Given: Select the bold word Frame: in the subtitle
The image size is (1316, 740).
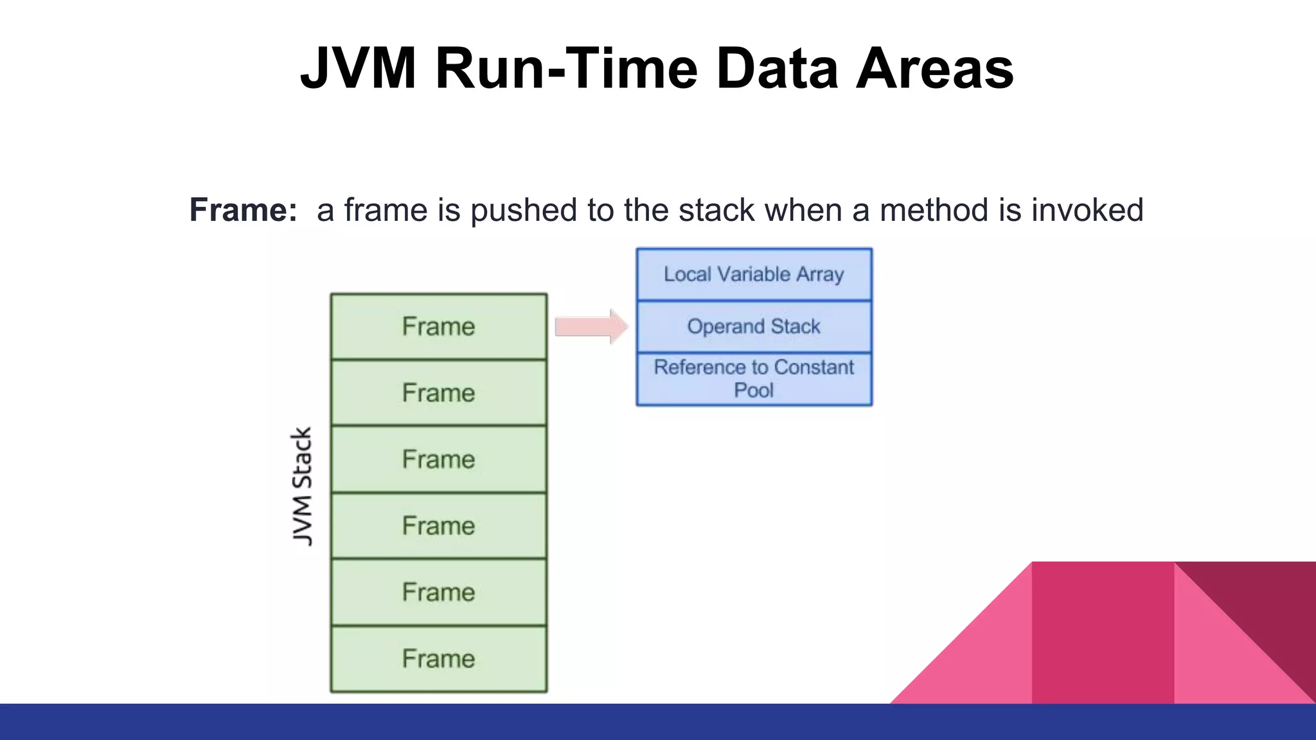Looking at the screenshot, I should (243, 210).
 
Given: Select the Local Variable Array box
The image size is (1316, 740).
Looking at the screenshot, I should (754, 274).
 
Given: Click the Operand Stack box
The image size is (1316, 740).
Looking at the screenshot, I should (754, 326).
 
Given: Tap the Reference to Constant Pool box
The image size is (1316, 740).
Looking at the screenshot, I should (754, 379).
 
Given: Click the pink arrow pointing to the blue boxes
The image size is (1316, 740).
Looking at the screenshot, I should (591, 326).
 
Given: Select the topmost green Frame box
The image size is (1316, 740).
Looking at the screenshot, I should (438, 326).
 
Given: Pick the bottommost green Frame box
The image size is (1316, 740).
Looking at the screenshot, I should (438, 659).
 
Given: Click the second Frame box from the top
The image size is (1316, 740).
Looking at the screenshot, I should (438, 392).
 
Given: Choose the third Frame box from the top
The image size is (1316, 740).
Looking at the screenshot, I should (438, 459).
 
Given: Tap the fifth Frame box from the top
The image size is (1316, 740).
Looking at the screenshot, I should (438, 592).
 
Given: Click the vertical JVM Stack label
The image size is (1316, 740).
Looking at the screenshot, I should (302, 486).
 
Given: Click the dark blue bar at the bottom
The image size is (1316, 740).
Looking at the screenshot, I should (658, 722).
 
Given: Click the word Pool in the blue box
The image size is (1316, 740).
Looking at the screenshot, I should (754, 391).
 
